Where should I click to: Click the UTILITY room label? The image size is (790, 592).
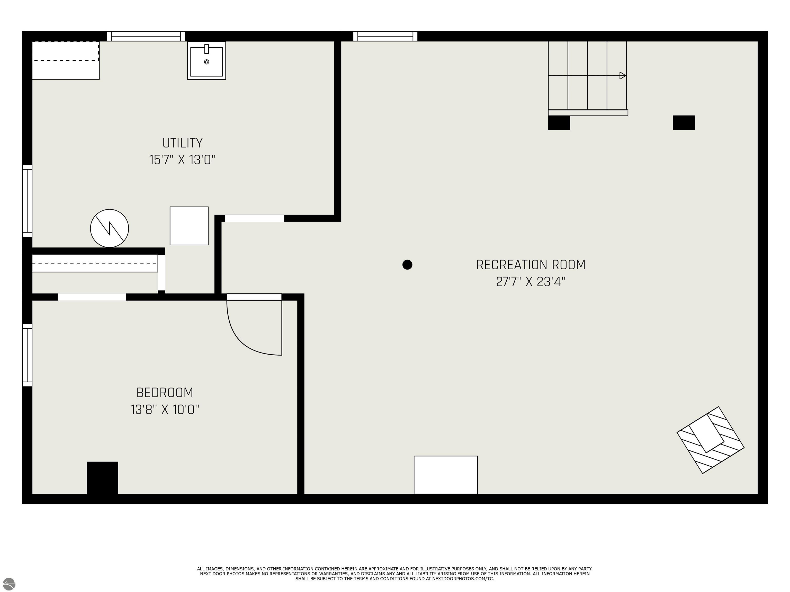tap(183, 143)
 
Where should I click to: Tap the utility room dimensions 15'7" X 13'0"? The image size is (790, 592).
tap(183, 160)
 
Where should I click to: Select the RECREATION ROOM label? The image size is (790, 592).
tap(531, 265)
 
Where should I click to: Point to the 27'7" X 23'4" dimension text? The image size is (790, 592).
tap(531, 282)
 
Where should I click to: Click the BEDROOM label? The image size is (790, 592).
tap(165, 393)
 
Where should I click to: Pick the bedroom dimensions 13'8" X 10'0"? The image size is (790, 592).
tap(165, 410)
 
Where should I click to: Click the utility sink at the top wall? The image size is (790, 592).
tap(207, 60)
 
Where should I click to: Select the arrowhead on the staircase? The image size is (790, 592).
tap(623, 76)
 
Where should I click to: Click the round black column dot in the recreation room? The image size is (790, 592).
tap(407, 265)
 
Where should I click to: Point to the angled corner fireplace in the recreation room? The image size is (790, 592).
tap(710, 440)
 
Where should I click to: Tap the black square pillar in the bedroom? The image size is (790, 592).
tap(103, 478)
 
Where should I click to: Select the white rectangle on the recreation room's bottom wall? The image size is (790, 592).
tap(446, 475)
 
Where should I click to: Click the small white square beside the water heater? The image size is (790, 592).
tap(189, 226)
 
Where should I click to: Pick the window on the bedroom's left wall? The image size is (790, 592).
tap(27, 355)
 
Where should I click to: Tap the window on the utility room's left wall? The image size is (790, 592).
tap(27, 201)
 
